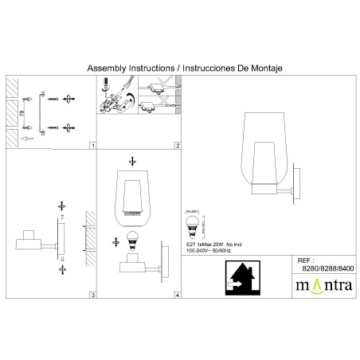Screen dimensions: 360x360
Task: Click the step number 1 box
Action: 92,147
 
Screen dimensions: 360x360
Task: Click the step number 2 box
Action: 178,147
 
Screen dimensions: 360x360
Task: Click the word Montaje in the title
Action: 268,68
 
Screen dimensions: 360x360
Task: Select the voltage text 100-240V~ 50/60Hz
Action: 211,251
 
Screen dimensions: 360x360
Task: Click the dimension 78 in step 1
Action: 22,112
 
